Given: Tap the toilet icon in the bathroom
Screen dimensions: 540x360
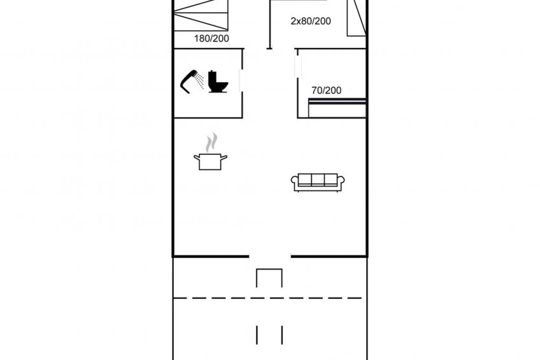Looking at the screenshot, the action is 218,82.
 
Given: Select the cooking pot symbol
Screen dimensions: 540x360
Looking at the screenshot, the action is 210,161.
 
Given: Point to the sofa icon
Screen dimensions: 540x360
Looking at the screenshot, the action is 318,182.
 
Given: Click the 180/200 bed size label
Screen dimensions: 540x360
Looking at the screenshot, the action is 211,39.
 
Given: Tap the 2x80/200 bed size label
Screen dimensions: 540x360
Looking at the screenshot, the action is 311,21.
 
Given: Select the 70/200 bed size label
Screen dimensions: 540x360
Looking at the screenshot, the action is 327,90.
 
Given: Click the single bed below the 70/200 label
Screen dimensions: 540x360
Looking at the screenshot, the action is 337,108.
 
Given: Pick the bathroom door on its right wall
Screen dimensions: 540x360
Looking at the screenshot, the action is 242,80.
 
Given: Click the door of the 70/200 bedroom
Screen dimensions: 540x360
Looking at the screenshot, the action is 298,66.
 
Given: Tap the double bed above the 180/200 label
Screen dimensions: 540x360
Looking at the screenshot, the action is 201,15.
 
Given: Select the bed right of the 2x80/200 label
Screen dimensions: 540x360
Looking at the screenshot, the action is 357,17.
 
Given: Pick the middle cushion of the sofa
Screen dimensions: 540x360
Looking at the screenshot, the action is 318,180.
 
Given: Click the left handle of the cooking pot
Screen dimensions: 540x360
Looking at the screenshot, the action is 197,158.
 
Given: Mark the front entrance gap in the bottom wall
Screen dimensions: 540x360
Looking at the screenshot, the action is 269,256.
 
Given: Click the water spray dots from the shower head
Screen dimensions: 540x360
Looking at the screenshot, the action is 199,82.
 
